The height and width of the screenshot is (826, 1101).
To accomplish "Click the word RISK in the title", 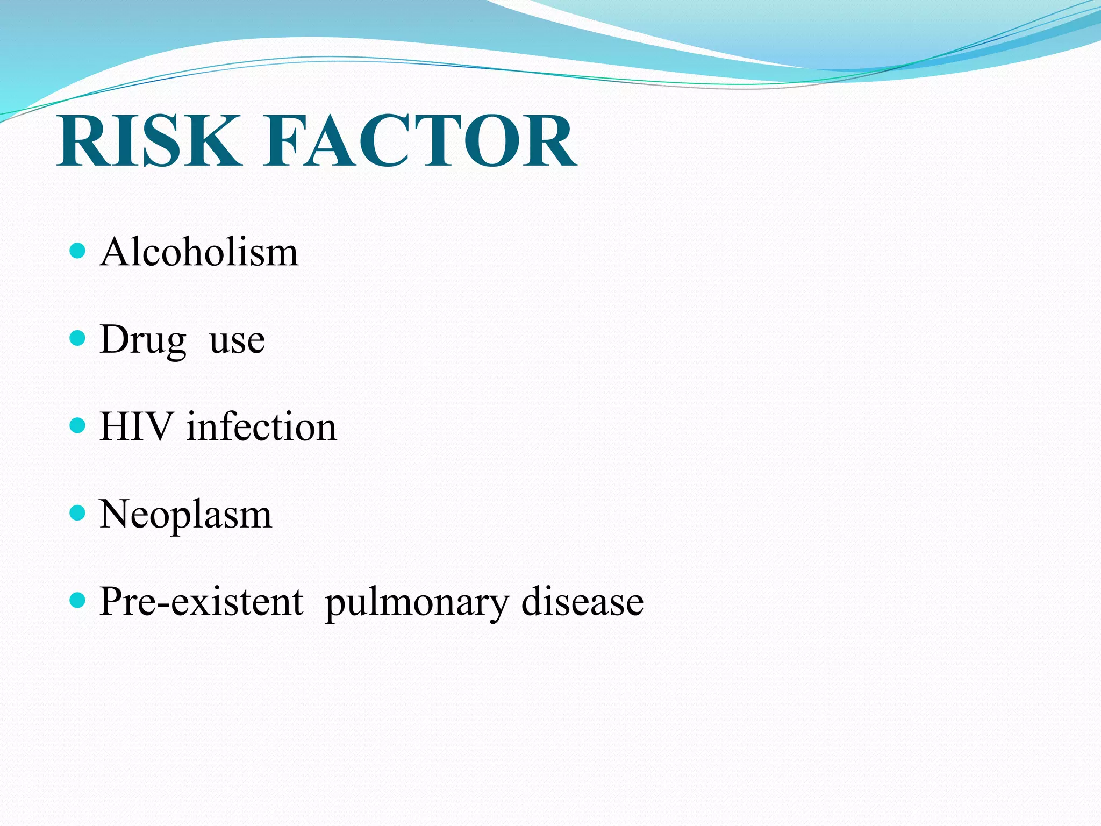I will tap(148, 141).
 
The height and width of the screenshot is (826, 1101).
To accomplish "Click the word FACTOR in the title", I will tap(419, 141).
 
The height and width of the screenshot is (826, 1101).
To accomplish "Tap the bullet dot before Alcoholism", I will tap(78, 251).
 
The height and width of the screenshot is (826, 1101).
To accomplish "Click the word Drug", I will tap(143, 340).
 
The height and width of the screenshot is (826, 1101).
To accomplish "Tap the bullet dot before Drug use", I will tap(78, 338).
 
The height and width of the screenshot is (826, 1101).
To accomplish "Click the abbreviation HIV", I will tap(136, 426).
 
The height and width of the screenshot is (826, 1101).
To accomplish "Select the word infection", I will tap(261, 426).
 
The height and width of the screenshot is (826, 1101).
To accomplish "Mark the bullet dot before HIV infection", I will tap(78, 426).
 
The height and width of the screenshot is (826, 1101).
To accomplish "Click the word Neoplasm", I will tap(185, 515).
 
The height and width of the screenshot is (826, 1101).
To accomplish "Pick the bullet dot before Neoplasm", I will tap(78, 513).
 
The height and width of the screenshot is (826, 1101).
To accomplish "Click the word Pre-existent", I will tap(202, 601).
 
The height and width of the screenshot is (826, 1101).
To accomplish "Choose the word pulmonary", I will tap(416, 603).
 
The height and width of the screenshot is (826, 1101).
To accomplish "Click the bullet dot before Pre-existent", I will tap(78, 600).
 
